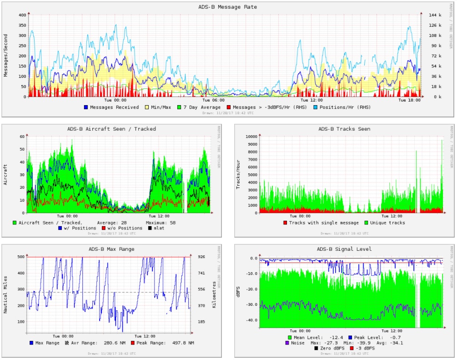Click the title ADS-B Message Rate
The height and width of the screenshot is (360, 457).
(227, 7)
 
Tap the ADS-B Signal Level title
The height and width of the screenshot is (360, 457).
(344, 249)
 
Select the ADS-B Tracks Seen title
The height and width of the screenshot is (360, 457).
(344, 129)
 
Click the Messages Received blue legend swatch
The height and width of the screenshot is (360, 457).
(85, 107)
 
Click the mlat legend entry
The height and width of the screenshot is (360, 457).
(159, 228)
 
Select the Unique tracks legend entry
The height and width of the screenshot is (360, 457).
(387, 223)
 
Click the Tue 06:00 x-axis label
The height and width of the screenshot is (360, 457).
(213, 100)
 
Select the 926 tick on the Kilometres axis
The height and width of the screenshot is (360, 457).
(201, 257)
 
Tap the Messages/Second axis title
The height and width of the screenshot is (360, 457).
(6, 56)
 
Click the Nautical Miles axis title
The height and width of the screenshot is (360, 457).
(6, 292)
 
